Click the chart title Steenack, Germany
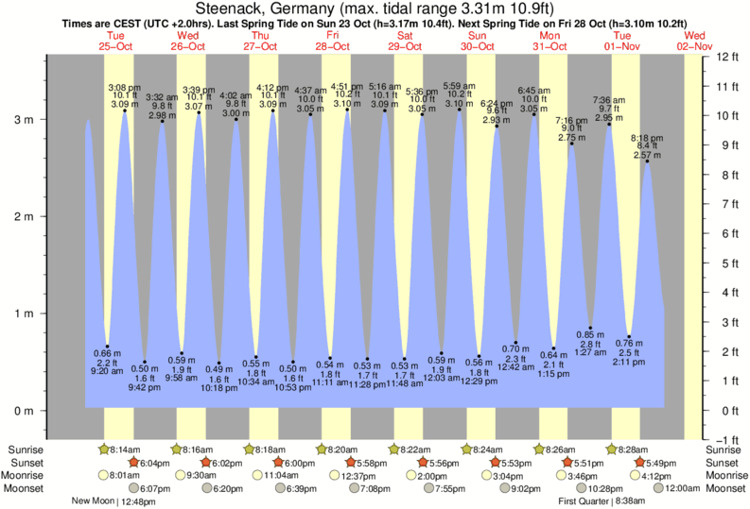375,9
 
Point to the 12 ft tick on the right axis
726,57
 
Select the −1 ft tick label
726,440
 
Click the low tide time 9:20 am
108,371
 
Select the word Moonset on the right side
724,488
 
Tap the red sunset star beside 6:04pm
132,463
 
